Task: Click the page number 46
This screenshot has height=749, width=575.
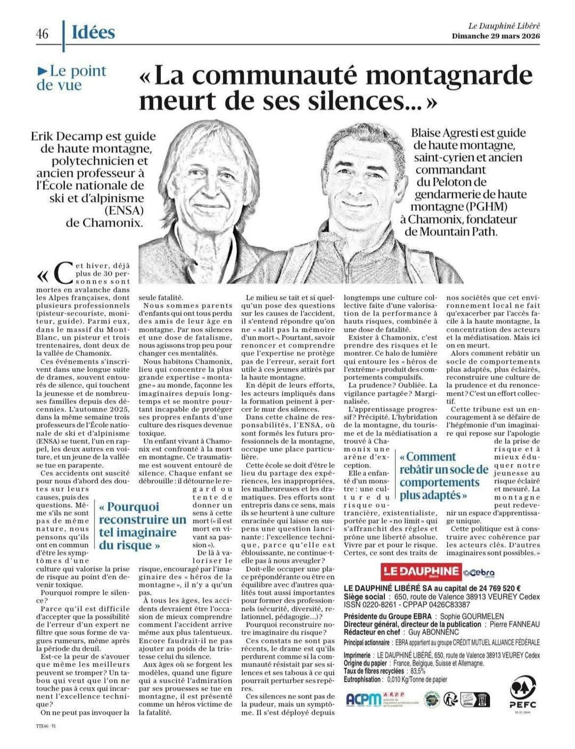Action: [42, 34]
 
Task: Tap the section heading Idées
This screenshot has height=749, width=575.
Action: [93, 32]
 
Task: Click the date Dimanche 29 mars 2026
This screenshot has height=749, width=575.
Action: [496, 36]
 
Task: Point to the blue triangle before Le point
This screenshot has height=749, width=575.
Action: [42, 71]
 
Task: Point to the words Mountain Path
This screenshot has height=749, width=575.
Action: [466, 231]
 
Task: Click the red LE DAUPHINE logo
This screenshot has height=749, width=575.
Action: [421, 572]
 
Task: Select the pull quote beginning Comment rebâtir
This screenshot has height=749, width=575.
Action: [443, 476]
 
